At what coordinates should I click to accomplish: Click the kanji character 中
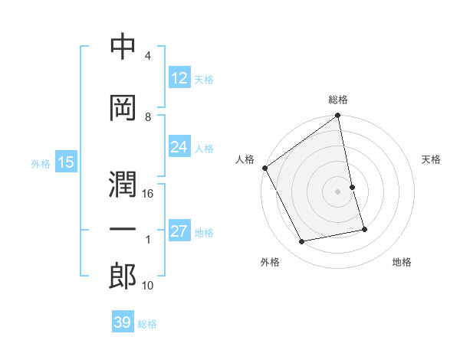pos(123,47)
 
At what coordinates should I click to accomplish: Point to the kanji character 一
pos(123,229)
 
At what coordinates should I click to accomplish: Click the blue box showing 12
pos(179,78)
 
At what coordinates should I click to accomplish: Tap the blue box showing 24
pos(179,147)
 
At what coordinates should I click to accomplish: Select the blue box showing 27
pos(179,231)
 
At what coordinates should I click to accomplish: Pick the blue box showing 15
pos(66,162)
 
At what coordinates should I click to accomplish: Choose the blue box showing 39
pos(123,322)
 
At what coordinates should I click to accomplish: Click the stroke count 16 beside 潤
pos(148,195)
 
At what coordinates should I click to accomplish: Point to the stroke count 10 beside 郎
pos(148,286)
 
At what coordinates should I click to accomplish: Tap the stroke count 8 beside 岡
pos(148,116)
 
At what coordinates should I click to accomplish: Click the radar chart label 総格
pos(338,100)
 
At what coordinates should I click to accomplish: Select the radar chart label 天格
pos(431,159)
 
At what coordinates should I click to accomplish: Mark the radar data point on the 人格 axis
pos(264,168)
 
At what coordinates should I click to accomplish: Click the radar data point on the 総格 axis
pos(338,116)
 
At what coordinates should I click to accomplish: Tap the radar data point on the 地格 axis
pos(364,229)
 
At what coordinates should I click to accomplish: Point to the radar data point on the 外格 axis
pos(302,242)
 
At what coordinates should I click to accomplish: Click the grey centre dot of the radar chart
pos(338,191)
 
